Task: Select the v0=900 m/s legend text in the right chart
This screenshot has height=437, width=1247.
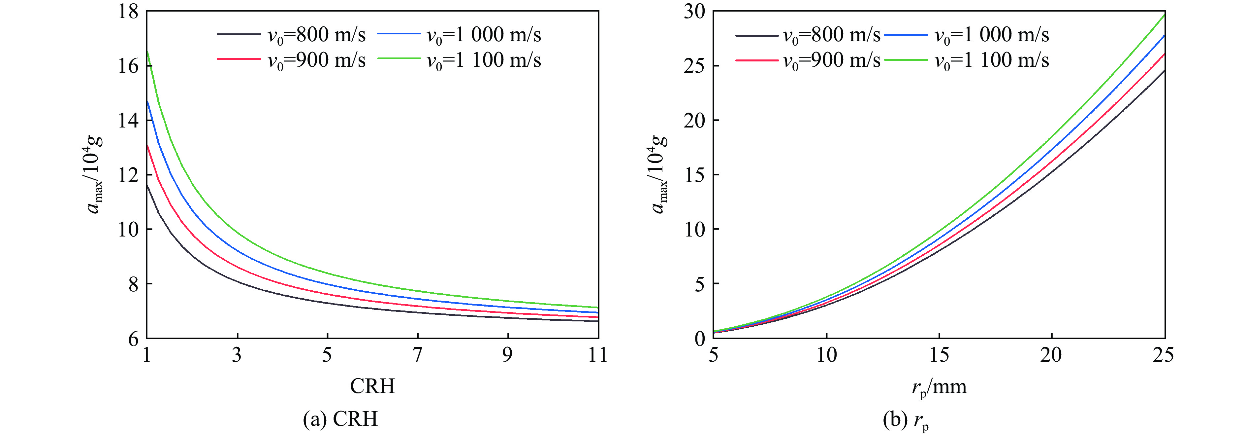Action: (832, 60)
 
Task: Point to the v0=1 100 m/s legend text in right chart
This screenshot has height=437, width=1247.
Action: (991, 60)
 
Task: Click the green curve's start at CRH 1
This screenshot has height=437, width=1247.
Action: (147, 51)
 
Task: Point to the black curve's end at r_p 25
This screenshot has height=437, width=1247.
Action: (1164, 71)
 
